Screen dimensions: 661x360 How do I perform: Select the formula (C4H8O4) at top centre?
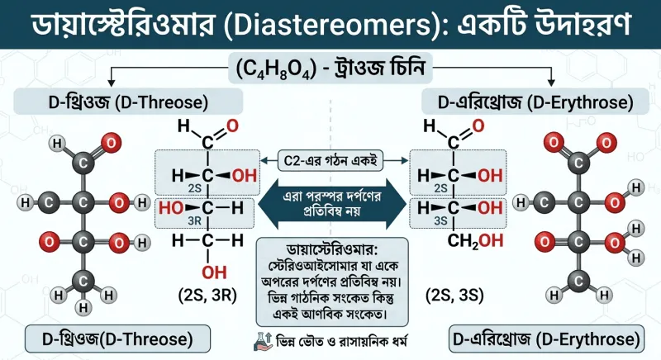coord(276,69)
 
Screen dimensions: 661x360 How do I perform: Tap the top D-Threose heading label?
coord(128,102)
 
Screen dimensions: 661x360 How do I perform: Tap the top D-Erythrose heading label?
coord(535,102)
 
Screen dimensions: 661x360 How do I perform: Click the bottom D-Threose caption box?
coord(117,339)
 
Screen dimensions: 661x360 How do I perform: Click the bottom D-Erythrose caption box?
coord(546,339)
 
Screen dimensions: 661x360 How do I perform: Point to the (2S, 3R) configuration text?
coord(207,295)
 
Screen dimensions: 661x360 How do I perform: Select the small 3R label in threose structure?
coord(194,221)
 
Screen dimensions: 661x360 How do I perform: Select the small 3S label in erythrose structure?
coord(440,221)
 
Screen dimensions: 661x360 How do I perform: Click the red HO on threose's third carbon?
coord(171,207)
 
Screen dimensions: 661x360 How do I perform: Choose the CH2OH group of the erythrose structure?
coord(476,241)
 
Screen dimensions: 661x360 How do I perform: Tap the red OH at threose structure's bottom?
coord(214,272)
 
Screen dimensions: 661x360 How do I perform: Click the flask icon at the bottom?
coord(263,342)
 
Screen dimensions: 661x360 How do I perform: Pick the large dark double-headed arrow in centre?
coord(332,204)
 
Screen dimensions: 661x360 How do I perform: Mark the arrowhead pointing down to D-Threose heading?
coord(112,83)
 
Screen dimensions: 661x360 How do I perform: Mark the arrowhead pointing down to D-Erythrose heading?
coord(551,83)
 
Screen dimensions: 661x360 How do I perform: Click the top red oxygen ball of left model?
coord(111,144)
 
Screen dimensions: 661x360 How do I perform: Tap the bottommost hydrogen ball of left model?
coord(83,308)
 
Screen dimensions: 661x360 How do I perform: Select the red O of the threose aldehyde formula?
coord(232,126)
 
